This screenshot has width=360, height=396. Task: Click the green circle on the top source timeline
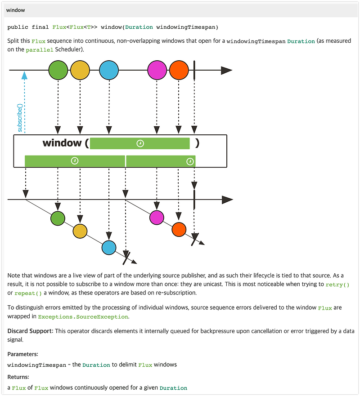pyautogui.click(x=58, y=71)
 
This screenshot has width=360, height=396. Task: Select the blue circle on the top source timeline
pyautogui.click(x=108, y=71)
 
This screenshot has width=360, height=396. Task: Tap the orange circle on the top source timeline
pyautogui.click(x=179, y=71)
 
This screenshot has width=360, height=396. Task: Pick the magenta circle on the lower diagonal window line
pyautogui.click(x=157, y=218)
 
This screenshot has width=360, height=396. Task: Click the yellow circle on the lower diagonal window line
pyautogui.click(x=80, y=231)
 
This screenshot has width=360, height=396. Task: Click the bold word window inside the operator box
pyautogui.click(x=62, y=143)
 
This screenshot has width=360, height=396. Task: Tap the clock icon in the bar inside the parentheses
pyautogui.click(x=140, y=143)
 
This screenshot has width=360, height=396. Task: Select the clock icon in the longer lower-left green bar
pyautogui.click(x=75, y=161)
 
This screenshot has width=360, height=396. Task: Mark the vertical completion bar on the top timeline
pyautogui.click(x=194, y=71)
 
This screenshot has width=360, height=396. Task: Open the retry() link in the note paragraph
pyautogui.click(x=337, y=285)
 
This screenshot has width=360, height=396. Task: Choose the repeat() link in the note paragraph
pyautogui.click(x=28, y=293)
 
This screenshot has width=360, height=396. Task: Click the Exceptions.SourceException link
pyautogui.click(x=83, y=316)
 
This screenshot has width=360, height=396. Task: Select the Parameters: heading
pyautogui.click(x=23, y=354)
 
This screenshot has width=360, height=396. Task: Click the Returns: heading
pyautogui.click(x=18, y=377)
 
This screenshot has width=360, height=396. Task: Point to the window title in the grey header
pyautogui.click(x=16, y=10)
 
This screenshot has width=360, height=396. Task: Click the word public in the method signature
pyautogui.click(x=17, y=27)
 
